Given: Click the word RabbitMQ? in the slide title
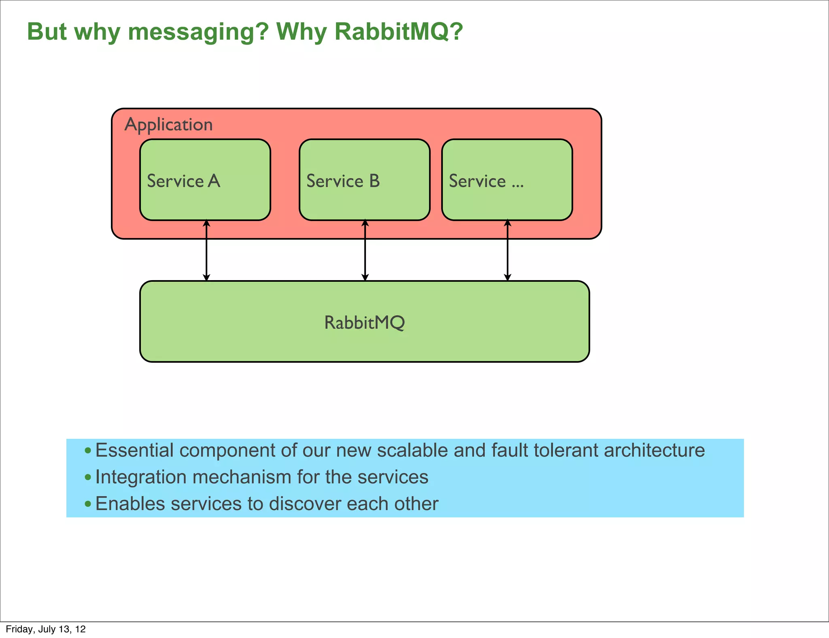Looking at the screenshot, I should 399,32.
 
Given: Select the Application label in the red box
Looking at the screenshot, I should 168,125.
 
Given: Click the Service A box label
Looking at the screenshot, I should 183,181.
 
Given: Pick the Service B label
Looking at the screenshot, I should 343,181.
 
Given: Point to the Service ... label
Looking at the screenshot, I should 486,181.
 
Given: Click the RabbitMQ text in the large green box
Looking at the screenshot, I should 364,323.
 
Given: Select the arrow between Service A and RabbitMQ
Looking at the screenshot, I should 206,251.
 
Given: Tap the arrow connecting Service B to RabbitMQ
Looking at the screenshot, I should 365,251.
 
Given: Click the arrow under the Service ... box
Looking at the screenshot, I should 508,251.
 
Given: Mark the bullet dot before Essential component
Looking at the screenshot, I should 88,451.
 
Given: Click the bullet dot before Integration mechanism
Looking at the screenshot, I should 88,477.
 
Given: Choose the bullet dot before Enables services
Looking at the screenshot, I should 88,504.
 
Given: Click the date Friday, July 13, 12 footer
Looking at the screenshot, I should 46,629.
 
